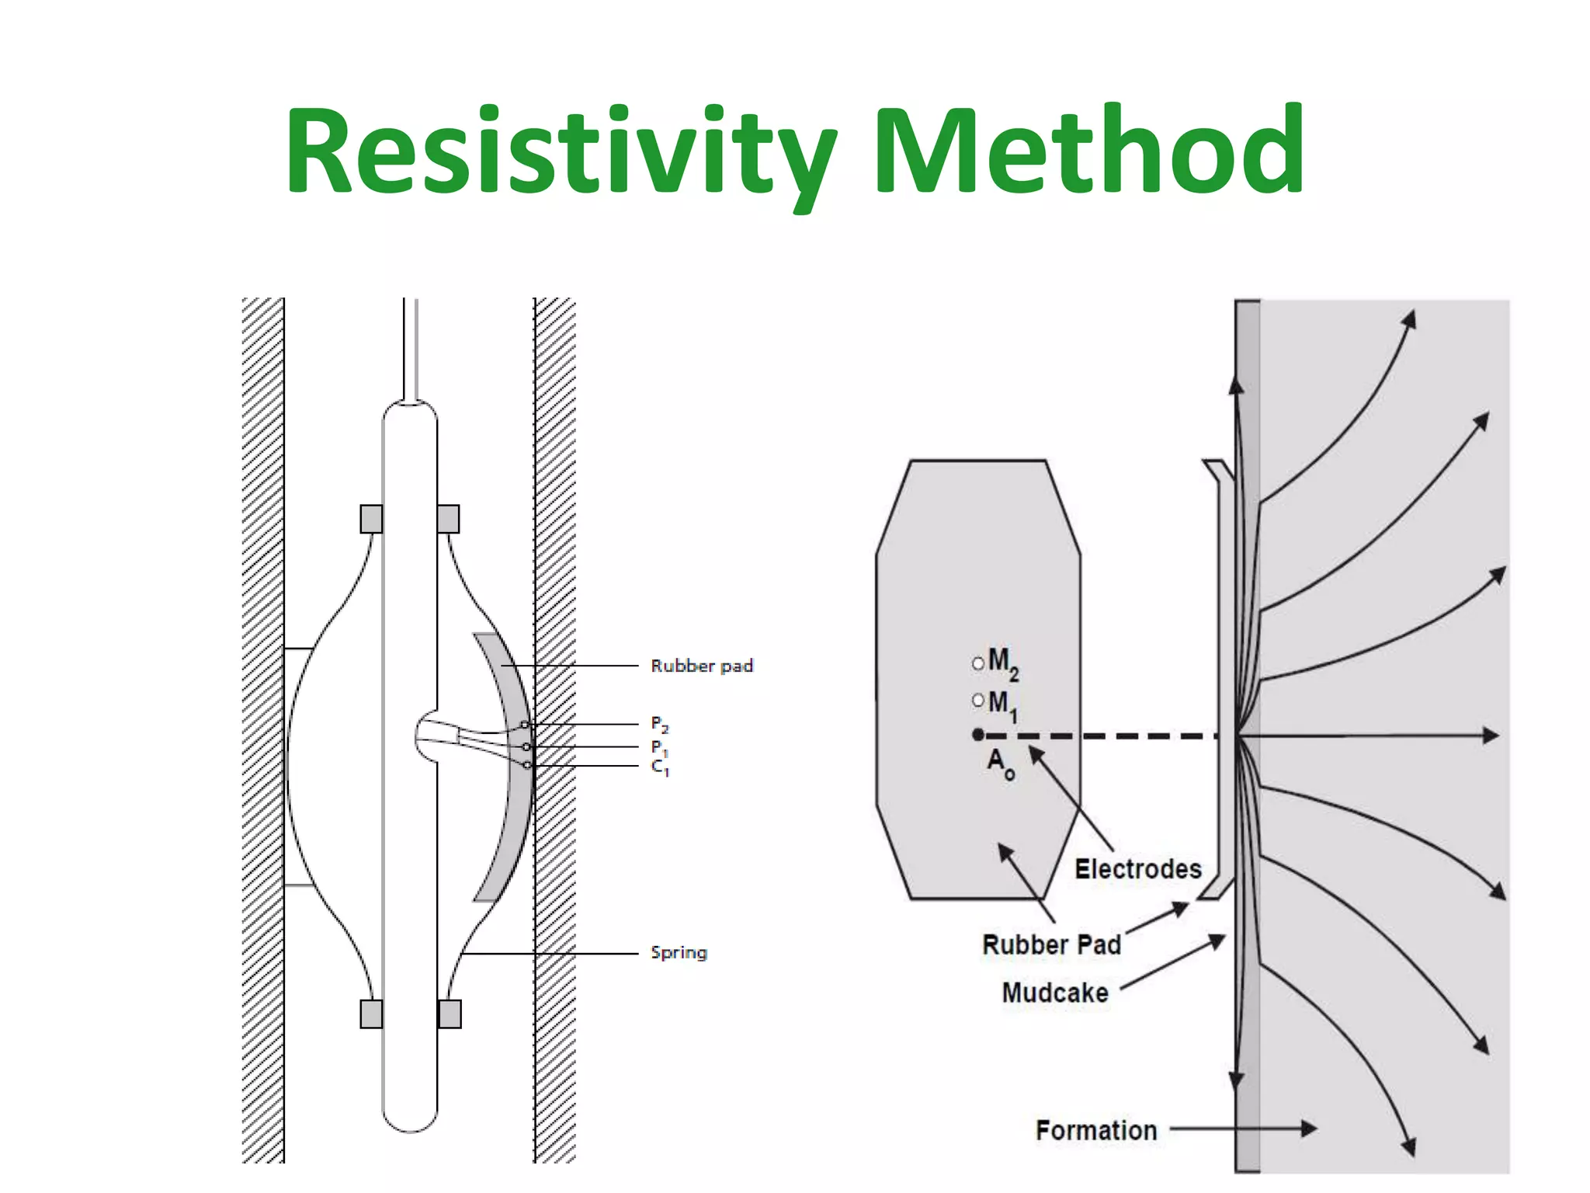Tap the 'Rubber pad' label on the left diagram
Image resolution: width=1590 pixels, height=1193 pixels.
702,666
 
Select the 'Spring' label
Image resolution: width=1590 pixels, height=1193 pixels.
679,952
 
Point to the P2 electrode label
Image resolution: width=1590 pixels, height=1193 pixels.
659,725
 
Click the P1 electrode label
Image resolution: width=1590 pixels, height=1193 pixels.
659,747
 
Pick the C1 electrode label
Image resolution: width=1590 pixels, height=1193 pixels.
659,767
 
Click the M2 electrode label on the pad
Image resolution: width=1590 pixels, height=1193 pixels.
1002,663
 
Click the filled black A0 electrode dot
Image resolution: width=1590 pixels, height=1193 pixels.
978,734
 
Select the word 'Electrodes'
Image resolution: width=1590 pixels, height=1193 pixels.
1137,868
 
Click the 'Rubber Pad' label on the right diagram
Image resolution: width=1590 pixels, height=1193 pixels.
1051,944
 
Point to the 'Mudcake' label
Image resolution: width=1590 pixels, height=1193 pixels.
1054,993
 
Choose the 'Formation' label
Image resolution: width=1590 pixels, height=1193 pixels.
1095,1130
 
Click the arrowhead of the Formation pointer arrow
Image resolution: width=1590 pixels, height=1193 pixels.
1310,1129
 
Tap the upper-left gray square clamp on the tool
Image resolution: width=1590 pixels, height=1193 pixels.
371,519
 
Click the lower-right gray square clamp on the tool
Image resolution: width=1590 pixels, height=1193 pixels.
450,1014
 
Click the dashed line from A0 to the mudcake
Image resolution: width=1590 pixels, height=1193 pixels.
1102,736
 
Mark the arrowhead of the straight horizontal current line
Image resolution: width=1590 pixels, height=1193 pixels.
1491,735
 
